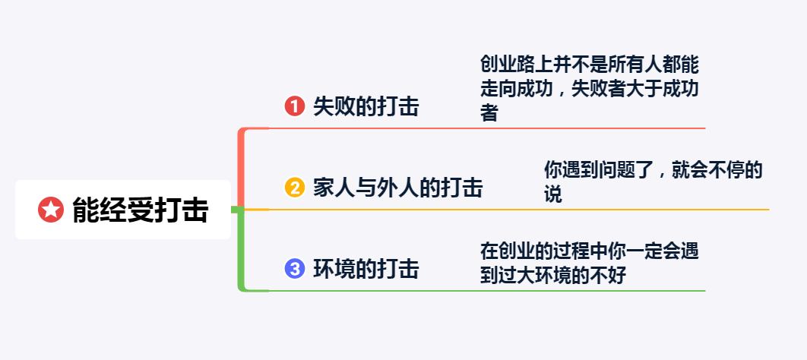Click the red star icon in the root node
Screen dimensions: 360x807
(50, 210)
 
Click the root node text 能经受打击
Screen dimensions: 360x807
(140, 210)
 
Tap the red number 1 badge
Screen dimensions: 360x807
(295, 106)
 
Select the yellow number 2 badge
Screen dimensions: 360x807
(295, 187)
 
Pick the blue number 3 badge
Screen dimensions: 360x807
(295, 268)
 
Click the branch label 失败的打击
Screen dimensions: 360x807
(366, 106)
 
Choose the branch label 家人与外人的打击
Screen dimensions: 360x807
(397, 187)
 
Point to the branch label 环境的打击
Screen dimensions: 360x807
(366, 268)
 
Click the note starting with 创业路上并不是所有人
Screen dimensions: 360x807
(589, 88)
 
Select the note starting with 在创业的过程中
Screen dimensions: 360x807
(589, 262)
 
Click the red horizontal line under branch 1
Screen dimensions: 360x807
(486, 128)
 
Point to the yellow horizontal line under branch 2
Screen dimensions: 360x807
(517, 209)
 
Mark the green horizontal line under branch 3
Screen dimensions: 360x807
(486, 290)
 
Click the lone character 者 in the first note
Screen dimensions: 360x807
(489, 114)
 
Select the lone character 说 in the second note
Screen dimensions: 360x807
(553, 194)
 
